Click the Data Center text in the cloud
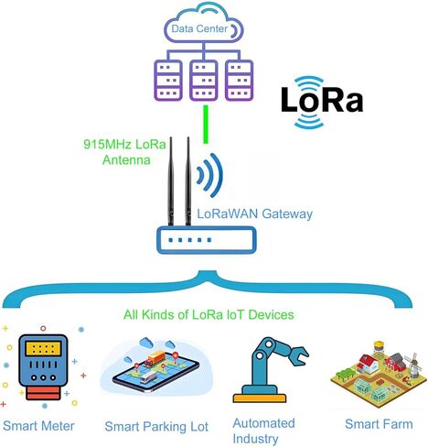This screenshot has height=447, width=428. [x=199, y=28]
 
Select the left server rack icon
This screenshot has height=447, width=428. [x=168, y=81]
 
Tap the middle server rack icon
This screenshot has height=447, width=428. [x=204, y=81]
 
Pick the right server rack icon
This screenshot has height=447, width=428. [x=239, y=81]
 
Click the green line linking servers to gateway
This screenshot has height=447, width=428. [x=206, y=125]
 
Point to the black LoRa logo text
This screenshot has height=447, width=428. [x=322, y=100]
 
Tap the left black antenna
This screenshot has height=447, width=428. [x=171, y=181]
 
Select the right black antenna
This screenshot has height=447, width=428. [x=188, y=181]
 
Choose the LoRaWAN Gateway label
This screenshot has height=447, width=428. [x=255, y=213]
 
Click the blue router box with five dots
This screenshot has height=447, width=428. [x=206, y=240]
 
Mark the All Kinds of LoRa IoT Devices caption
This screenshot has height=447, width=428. [x=209, y=314]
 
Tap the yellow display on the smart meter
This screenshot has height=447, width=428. [x=43, y=349]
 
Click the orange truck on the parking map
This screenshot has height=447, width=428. [x=155, y=358]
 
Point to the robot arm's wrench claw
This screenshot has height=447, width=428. [x=298, y=354]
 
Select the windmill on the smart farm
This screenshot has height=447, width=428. [x=412, y=365]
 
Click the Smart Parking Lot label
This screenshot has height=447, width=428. [x=156, y=427]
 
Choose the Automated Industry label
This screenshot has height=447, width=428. [x=263, y=431]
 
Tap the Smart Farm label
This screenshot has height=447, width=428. [x=379, y=424]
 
